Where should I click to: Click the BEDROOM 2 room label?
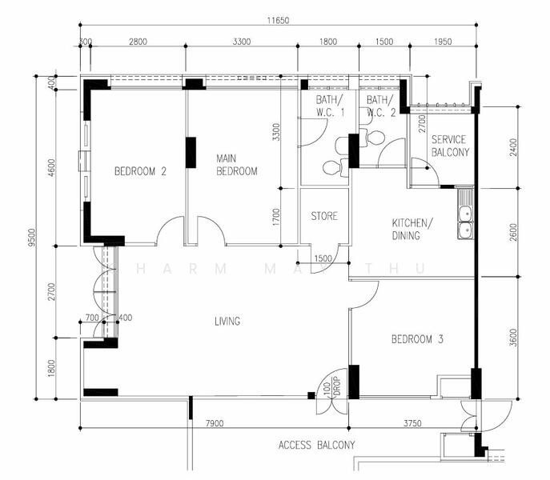140,170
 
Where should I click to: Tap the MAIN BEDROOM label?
237,165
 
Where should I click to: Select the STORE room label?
324,216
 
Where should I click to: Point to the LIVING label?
227,322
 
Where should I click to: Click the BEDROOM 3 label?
417,340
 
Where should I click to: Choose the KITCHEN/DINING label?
412,230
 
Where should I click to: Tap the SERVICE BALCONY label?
448,146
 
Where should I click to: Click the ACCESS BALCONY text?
316,445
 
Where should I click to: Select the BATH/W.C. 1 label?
329,106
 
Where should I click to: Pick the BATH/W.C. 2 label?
381,106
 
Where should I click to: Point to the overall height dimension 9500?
30,238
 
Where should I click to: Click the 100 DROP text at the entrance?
331,390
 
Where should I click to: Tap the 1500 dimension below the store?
323,259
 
